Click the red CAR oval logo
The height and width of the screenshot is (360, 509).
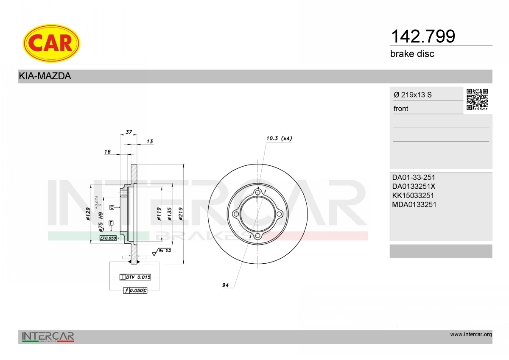[x=51, y=43]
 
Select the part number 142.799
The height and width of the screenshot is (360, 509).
[x=423, y=36]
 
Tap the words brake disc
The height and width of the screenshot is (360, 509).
[x=412, y=54]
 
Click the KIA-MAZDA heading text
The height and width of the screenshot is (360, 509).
[x=45, y=76]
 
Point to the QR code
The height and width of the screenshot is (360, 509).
[x=477, y=100]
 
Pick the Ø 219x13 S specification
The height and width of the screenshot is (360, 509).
[x=413, y=95]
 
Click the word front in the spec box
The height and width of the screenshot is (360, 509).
[x=401, y=109]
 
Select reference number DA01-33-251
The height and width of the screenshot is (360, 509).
[x=414, y=177]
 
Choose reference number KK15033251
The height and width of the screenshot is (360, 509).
[x=413, y=195]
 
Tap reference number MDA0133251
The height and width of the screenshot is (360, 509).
[x=414, y=204]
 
